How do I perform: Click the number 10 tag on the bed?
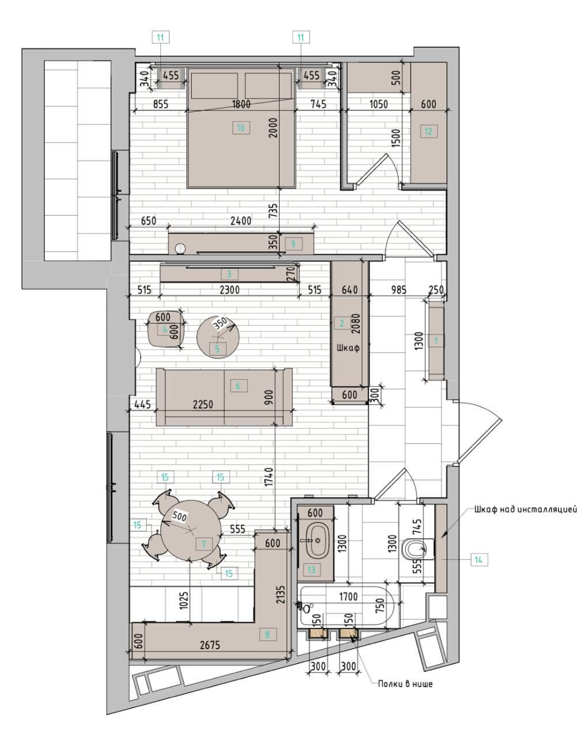(241, 128)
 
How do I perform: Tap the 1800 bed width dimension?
(241, 104)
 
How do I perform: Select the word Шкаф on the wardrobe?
(348, 348)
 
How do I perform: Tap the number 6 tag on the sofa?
(237, 386)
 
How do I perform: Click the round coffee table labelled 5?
(218, 337)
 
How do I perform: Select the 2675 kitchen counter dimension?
(210, 645)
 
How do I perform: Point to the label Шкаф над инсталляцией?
(525, 509)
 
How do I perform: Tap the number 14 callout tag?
(478, 560)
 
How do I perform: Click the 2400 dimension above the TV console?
(241, 220)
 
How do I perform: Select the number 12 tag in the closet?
(428, 131)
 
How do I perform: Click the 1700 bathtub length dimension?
(348, 597)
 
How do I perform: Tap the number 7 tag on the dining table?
(203, 544)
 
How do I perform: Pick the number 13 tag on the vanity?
(311, 570)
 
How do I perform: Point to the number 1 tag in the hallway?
(436, 341)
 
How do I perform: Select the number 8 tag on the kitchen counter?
(267, 634)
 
